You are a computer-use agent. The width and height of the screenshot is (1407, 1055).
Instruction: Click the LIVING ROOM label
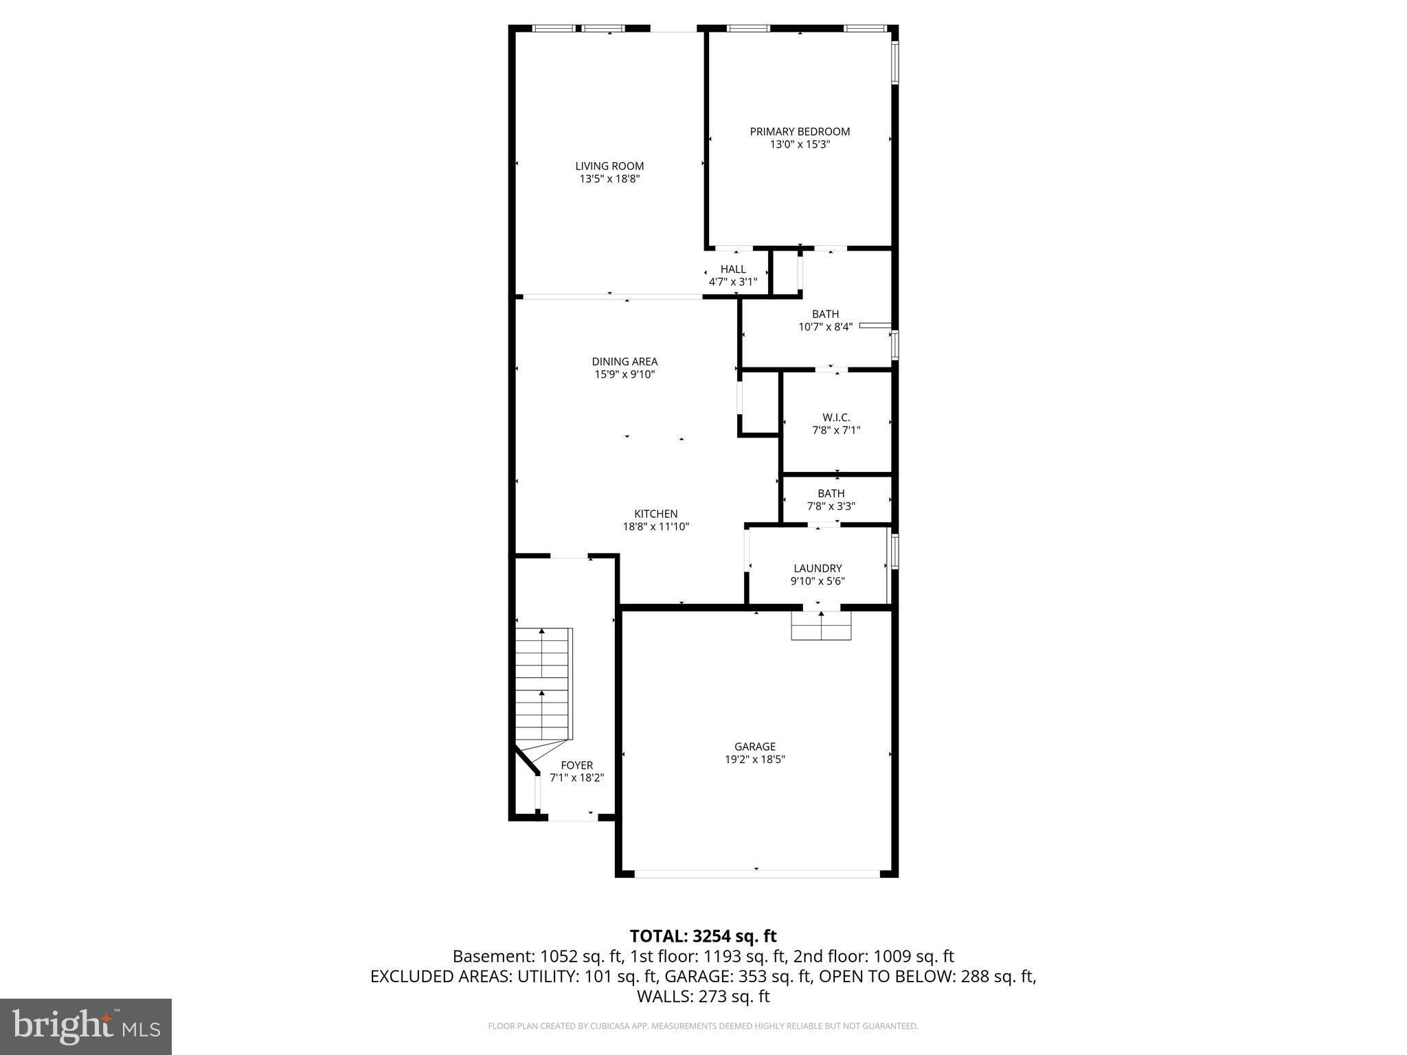click(609, 166)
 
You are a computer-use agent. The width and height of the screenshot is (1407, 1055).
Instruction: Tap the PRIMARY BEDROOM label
click(800, 132)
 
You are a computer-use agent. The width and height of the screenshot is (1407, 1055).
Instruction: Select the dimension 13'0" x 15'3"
click(800, 145)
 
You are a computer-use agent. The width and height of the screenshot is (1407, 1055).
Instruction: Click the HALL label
click(733, 269)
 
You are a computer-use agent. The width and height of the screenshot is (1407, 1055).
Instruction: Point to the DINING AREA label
click(624, 361)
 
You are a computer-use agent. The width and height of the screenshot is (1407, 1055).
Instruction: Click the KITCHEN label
click(655, 514)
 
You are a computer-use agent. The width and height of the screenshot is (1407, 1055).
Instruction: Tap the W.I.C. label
click(836, 418)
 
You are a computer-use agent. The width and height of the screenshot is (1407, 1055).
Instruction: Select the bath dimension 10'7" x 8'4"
click(825, 327)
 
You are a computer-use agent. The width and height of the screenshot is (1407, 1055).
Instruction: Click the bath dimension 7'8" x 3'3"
click(831, 506)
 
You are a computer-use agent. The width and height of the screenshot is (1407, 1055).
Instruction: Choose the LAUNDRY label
click(818, 568)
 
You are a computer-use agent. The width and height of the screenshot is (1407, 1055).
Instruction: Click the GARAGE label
click(755, 747)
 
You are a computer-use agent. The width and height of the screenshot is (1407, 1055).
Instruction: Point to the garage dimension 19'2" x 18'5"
click(755, 760)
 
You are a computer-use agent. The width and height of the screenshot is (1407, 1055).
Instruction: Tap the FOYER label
click(576, 765)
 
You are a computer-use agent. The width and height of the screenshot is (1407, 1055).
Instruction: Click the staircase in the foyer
click(543, 683)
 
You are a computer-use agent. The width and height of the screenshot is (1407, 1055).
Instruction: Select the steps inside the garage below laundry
click(821, 626)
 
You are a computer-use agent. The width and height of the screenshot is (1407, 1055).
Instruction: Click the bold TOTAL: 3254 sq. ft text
click(703, 936)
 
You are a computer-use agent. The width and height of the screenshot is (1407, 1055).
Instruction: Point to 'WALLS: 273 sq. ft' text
click(703, 997)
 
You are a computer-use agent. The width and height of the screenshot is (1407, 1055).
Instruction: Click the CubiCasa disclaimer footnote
click(703, 1026)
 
